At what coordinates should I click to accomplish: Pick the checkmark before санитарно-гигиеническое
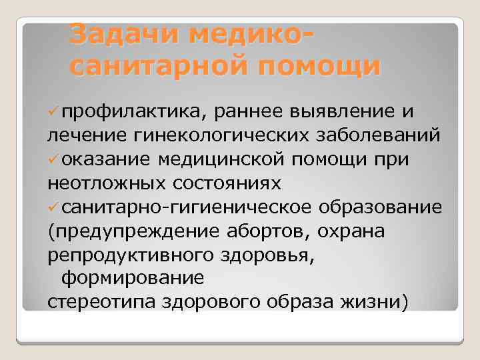[x=53, y=207]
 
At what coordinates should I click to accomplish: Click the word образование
[x=380, y=206]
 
